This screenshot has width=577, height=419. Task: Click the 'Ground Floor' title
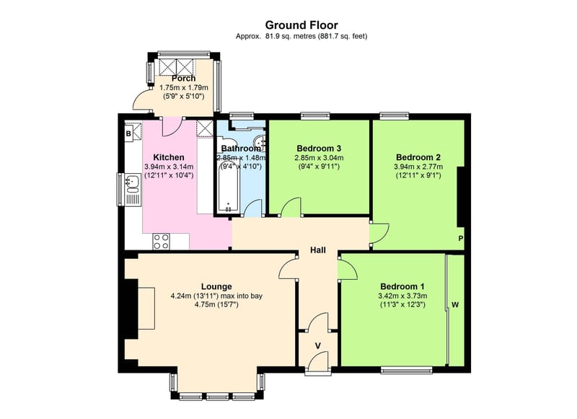(x=301, y=25)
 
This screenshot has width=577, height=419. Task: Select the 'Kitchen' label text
(x=169, y=157)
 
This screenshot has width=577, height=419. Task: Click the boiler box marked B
(x=128, y=133)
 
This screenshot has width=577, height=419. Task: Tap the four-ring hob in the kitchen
(x=161, y=242)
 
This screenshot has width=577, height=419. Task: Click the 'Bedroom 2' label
(x=418, y=156)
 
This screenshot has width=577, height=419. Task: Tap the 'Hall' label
(x=317, y=250)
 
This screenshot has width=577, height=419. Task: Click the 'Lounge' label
(x=216, y=286)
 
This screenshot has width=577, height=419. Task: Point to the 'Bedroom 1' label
(x=402, y=285)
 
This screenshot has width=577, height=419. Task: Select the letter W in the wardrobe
(x=455, y=305)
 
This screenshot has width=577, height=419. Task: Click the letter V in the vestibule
(x=317, y=345)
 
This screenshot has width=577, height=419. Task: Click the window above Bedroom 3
(x=315, y=115)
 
